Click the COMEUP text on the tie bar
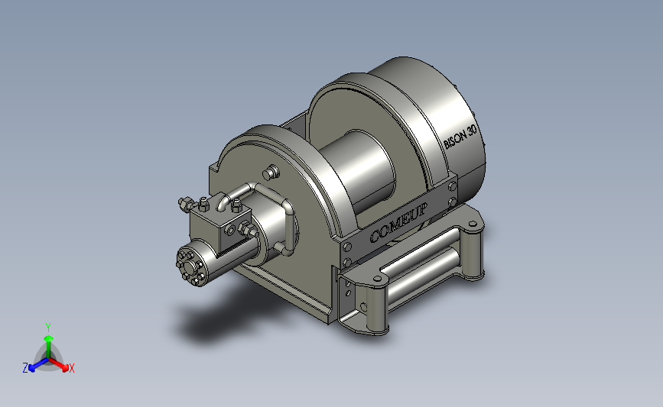tap(398, 222)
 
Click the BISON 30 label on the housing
tap(460, 136)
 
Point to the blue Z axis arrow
tap(39, 365)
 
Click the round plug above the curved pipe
tap(271, 173)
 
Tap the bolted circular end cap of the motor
tap(190, 266)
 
